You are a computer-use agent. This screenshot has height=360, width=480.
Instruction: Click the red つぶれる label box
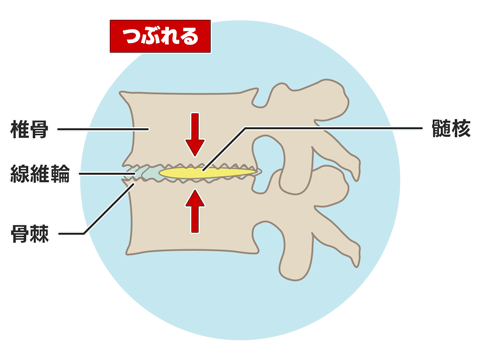pyautogui.click(x=160, y=36)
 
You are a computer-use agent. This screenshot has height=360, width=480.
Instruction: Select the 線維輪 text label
pyautogui.click(x=38, y=173)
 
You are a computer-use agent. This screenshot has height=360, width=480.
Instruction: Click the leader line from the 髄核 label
pyautogui.click(x=330, y=129)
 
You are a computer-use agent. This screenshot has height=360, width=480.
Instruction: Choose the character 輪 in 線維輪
pyautogui.click(x=61, y=173)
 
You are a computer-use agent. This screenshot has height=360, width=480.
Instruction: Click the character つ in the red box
pyautogui.click(x=129, y=37)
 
